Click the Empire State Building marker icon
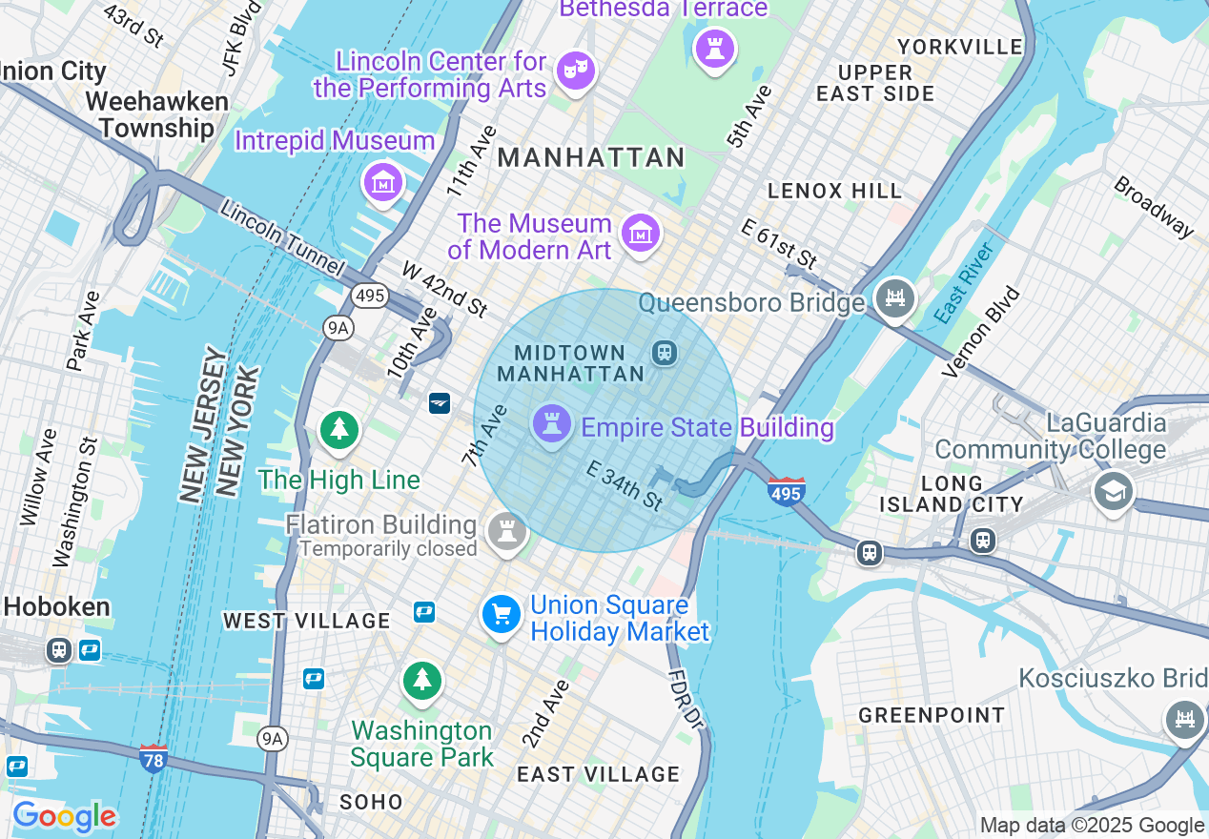point(551,423)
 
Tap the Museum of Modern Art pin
point(641,232)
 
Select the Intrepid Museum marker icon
point(383,179)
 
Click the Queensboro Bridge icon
point(895,299)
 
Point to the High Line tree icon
point(338,430)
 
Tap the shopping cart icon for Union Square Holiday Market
point(502,613)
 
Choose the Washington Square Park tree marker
point(421,680)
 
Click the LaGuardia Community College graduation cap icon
point(1113,492)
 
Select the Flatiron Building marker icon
point(507,530)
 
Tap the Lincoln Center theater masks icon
point(576,70)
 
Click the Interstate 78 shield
point(153,758)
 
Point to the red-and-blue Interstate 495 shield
point(786,491)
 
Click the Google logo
point(64,816)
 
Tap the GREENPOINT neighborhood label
point(932,715)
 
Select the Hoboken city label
point(56,607)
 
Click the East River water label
point(964,281)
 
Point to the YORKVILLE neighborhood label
point(960,47)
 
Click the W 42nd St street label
point(444,289)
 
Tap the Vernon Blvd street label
point(981,333)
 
